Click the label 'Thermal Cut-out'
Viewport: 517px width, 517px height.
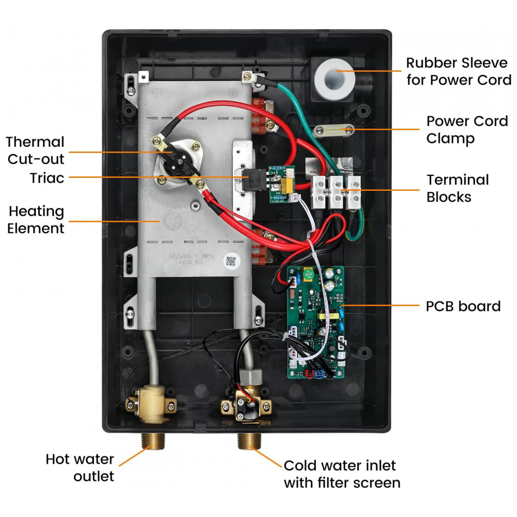[x=35, y=150]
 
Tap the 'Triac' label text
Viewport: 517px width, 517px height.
[x=47, y=178]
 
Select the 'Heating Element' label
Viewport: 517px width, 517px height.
[x=37, y=220]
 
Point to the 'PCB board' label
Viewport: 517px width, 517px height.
[x=463, y=306]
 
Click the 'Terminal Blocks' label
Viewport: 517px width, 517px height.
[x=458, y=188]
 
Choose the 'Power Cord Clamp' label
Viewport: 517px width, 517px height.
[x=467, y=129]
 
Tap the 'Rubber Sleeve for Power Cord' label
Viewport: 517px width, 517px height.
[x=459, y=71]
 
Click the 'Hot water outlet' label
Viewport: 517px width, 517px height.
[x=80, y=467]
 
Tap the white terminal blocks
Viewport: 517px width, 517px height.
[x=337, y=191]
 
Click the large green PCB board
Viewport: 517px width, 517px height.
[x=315, y=320]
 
